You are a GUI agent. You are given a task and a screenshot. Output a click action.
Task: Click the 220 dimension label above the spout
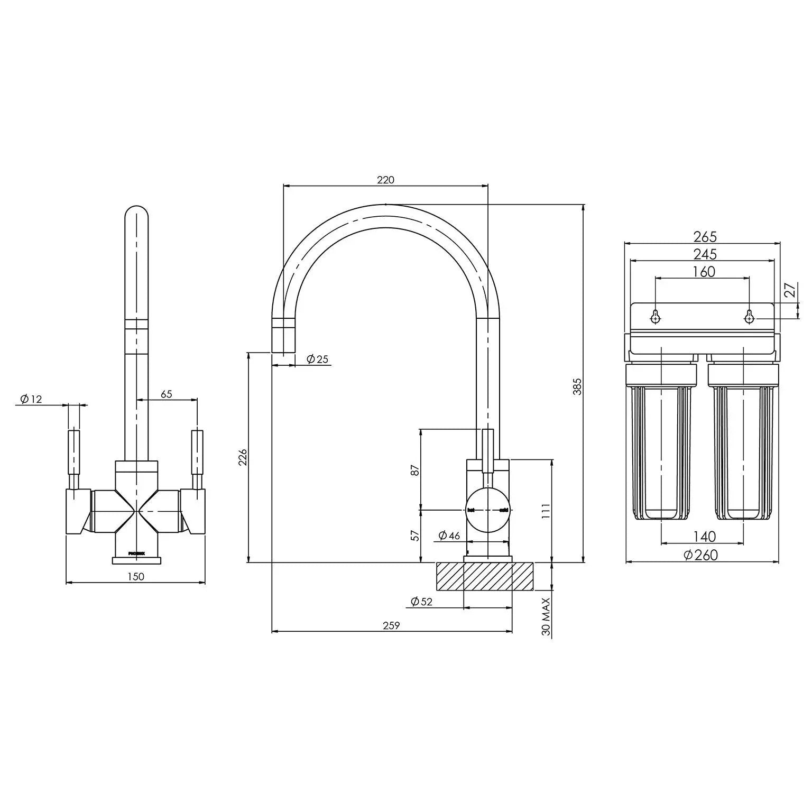coord(385,180)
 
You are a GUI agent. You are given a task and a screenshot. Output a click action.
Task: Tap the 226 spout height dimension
coord(243,457)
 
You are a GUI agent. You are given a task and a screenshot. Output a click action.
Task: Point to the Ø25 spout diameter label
coord(317,359)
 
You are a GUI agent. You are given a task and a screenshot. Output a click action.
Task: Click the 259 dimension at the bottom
coord(391,625)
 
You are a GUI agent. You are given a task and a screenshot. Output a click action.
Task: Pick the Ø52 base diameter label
coord(421,602)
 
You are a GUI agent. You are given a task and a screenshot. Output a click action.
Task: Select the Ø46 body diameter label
coord(449,536)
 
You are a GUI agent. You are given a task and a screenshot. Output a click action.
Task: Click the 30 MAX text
coord(547,616)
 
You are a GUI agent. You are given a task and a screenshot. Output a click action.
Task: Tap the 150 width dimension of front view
coord(136,576)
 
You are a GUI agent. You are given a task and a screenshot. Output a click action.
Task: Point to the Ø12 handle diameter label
coord(31,399)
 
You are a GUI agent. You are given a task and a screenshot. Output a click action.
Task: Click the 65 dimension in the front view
coord(167,394)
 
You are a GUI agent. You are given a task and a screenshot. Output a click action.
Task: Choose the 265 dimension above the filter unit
coord(705,237)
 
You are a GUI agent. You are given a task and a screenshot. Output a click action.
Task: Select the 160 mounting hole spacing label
coord(703,272)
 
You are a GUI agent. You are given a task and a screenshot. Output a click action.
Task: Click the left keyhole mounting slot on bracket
coord(656,317)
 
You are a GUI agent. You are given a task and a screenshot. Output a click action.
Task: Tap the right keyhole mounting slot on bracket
coord(749,317)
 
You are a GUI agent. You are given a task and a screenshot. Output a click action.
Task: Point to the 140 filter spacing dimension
coord(704,537)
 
